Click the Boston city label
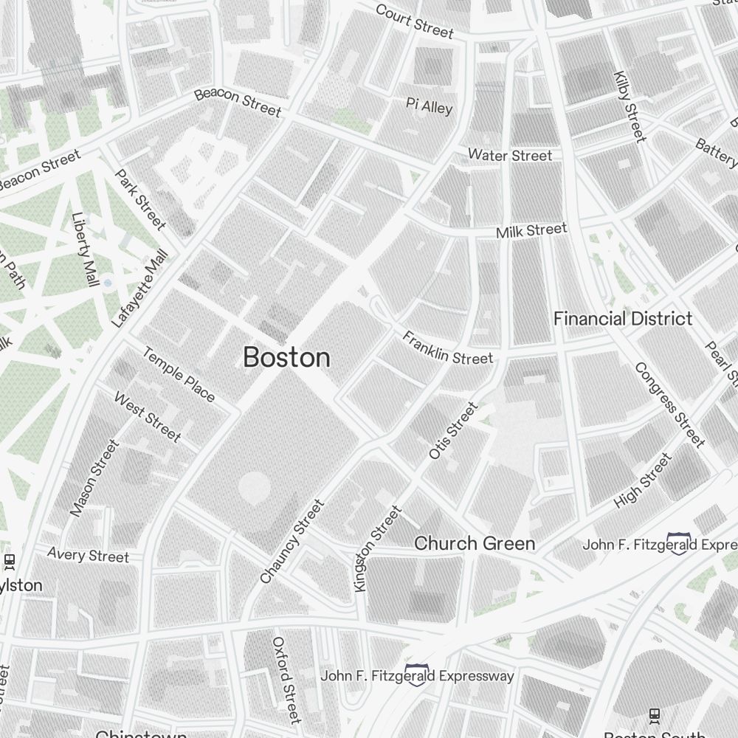286,358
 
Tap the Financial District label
623,319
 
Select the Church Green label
474,544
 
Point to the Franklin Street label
447,348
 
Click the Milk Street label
531,231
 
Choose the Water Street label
510,155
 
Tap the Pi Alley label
429,106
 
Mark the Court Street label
414,21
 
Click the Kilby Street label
630,107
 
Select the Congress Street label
669,404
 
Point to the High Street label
644,481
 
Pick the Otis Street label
453,430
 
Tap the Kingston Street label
378,548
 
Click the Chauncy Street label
292,542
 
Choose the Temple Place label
179,375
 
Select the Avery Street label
88,554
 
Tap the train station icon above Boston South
654,714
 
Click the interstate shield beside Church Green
678,543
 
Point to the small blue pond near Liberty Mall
108,283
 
